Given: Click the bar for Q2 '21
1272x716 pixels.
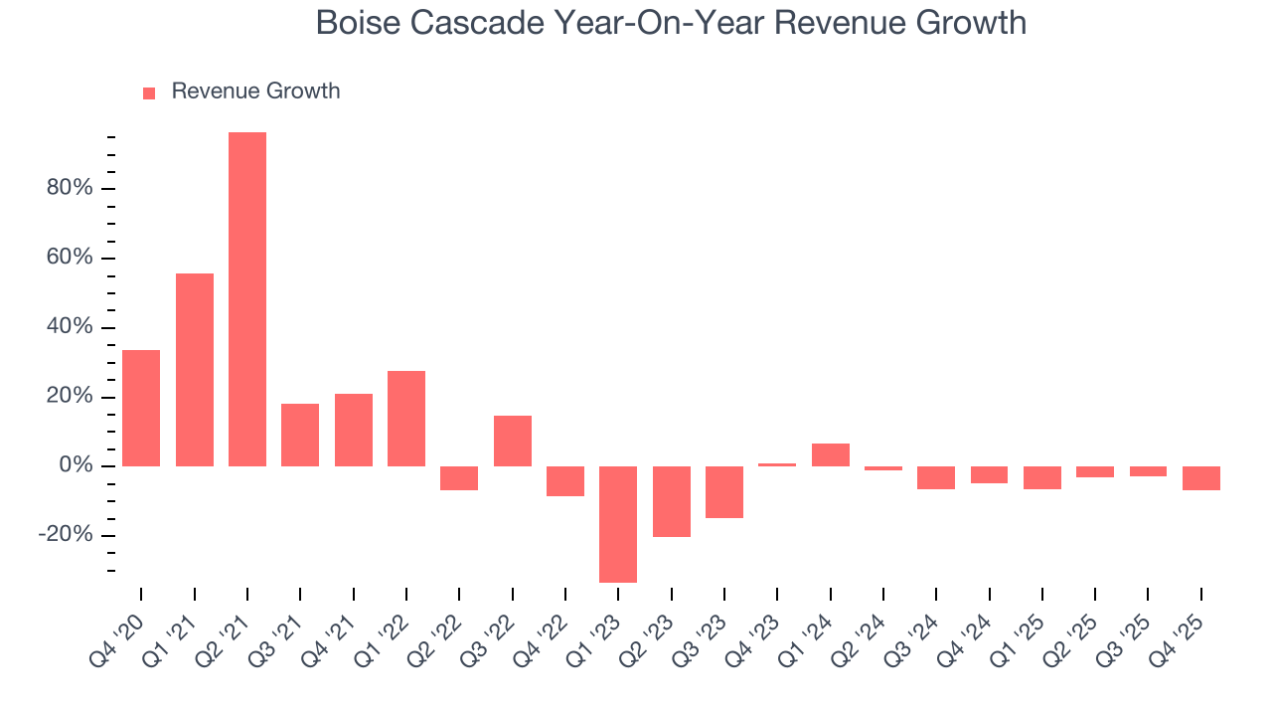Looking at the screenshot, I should click(247, 299).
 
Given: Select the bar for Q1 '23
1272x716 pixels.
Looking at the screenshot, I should click(618, 524).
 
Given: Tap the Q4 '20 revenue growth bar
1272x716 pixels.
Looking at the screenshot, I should click(141, 408).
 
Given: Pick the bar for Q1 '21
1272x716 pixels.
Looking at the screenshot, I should click(195, 370).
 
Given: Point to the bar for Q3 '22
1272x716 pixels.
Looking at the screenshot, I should click(513, 441).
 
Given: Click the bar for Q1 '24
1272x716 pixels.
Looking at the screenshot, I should click(831, 454).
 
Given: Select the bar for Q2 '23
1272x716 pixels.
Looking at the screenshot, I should click(672, 501).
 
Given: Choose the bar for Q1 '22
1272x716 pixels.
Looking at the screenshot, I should click(406, 419).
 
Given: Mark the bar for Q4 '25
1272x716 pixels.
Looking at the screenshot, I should click(1201, 478).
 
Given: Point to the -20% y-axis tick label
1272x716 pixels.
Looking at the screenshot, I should click(66, 536).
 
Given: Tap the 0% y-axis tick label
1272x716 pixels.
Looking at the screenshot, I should click(76, 466).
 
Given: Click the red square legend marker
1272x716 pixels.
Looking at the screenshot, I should click(149, 92).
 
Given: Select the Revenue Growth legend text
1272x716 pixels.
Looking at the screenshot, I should click(255, 91).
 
